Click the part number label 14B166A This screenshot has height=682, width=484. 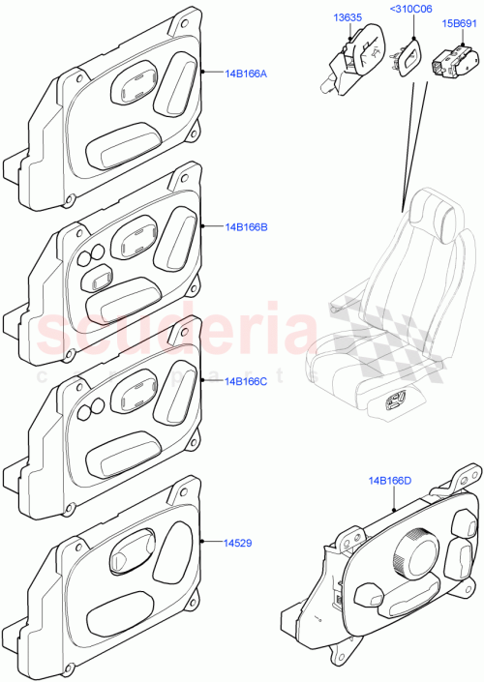[x=246, y=73]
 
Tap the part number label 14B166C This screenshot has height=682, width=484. [x=246, y=381]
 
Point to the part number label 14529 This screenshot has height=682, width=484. [x=238, y=544]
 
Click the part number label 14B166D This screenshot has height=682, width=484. [x=389, y=481]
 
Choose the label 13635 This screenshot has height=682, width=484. [x=349, y=15]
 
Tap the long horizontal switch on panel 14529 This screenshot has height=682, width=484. [x=126, y=614]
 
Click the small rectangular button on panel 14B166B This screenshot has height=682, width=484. [x=98, y=280]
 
